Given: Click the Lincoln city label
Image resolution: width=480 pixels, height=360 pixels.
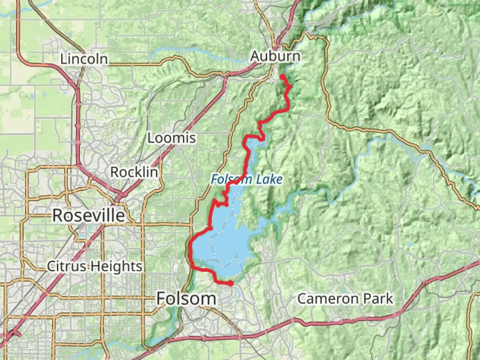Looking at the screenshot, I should click(x=84, y=59).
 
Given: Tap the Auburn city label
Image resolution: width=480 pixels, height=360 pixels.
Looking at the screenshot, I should click(x=275, y=56).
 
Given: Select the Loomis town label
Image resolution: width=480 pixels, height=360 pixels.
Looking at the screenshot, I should click(x=171, y=138).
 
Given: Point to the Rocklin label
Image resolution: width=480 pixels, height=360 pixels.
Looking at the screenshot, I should click(x=134, y=172).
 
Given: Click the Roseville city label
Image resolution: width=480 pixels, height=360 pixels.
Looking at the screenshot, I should click(x=89, y=215).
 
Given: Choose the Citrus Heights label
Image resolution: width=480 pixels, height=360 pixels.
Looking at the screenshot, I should click(x=94, y=266).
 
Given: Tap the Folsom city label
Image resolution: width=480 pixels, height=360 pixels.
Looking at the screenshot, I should click(x=186, y=298).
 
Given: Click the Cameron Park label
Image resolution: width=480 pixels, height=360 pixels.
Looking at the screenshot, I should click(x=345, y=299).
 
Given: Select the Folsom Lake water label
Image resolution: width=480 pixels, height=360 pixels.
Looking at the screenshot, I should click(x=247, y=180).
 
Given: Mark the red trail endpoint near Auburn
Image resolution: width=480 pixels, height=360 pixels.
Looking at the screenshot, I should click(x=282, y=77).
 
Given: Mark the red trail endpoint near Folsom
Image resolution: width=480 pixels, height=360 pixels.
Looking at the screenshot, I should click(x=230, y=283).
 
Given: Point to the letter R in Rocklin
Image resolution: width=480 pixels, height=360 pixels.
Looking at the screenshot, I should click(x=114, y=172).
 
